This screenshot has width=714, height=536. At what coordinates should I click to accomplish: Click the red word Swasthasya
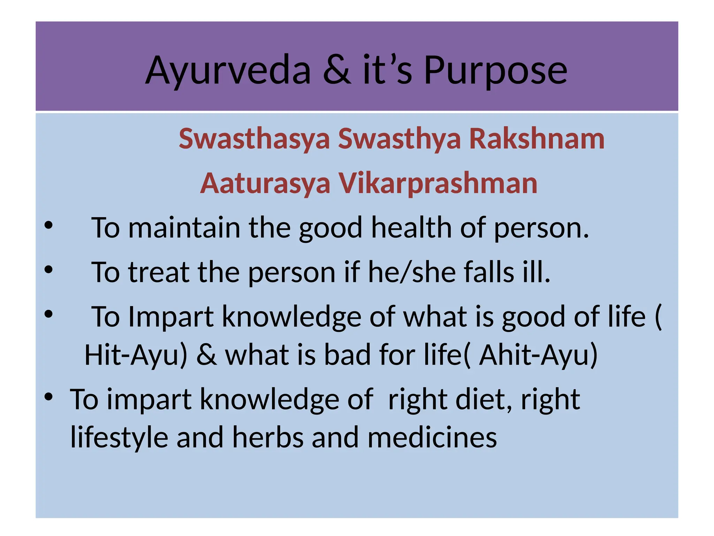click(254, 139)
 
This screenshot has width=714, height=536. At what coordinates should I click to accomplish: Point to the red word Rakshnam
click(537, 139)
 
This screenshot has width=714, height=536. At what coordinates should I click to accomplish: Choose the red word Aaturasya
click(265, 184)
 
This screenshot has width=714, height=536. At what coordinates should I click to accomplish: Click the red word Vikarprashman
click(438, 184)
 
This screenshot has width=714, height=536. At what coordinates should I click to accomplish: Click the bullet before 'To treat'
click(48, 270)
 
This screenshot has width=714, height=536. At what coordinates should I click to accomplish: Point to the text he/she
click(412, 272)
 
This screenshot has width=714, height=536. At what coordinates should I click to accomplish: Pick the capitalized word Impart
click(170, 317)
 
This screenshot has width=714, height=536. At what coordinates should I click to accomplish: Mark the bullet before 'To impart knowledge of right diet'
click(48, 397)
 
